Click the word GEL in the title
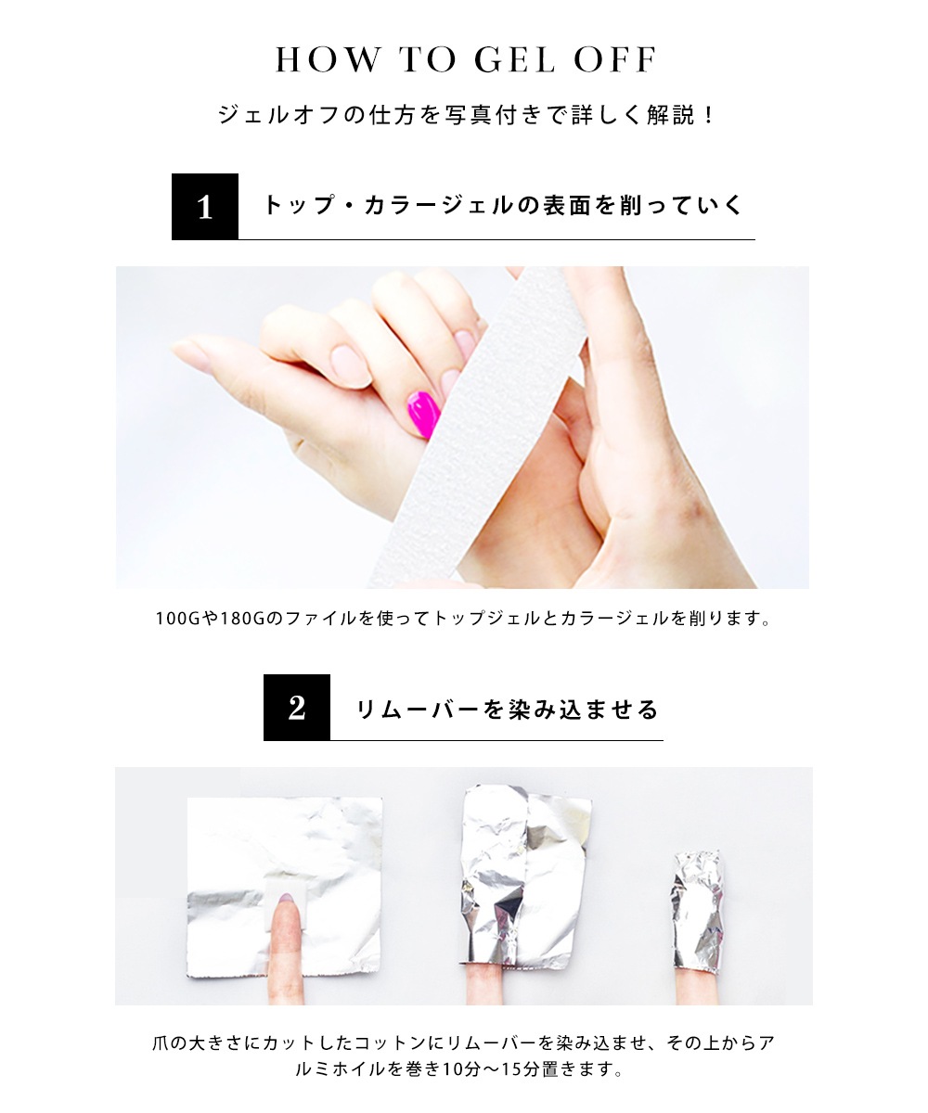(x=515, y=59)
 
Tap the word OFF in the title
(x=614, y=59)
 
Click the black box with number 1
(x=205, y=207)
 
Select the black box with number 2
(x=297, y=708)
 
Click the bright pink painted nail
(x=423, y=415)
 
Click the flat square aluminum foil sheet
(x=285, y=889)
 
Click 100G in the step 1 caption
(x=177, y=619)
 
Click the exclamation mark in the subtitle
(x=708, y=115)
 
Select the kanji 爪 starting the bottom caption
(x=161, y=1043)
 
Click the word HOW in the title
(x=329, y=59)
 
